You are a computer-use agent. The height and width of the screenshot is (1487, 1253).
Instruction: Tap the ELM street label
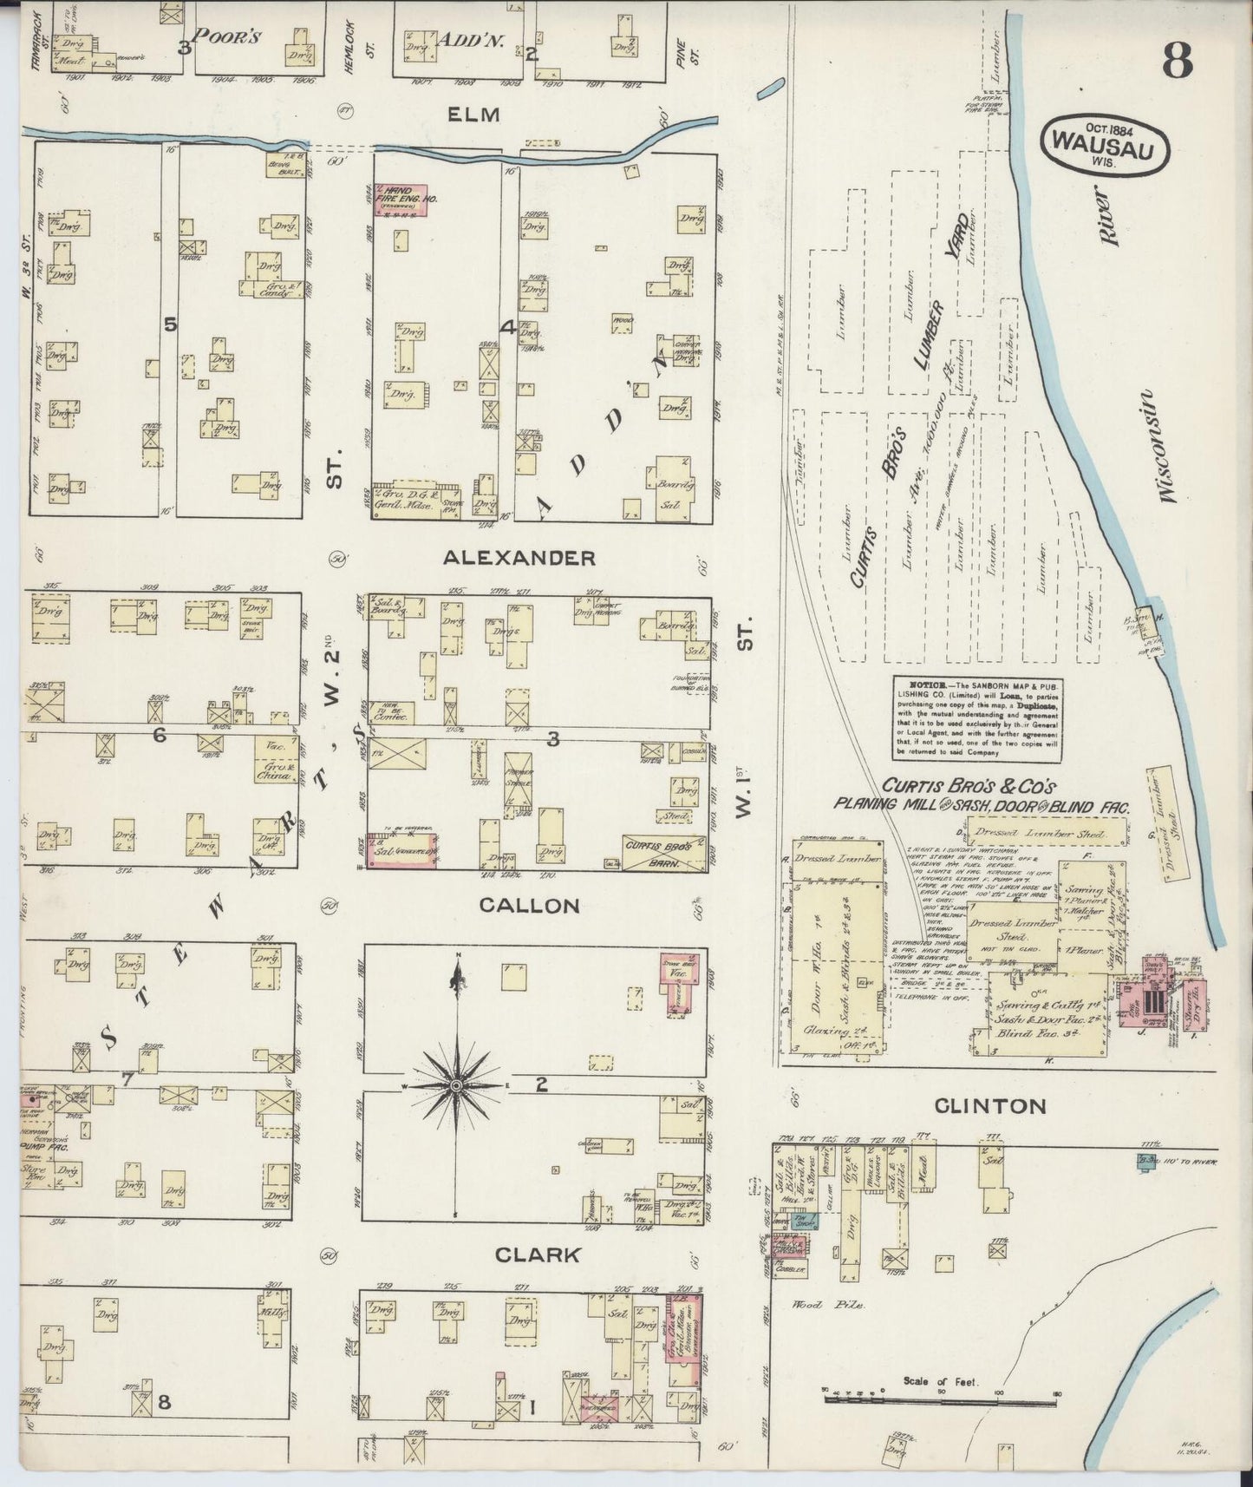475,114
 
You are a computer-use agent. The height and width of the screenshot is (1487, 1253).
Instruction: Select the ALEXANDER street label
519,558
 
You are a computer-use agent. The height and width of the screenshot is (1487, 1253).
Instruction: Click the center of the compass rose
456,1085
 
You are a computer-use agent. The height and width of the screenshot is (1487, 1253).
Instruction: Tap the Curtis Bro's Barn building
662,851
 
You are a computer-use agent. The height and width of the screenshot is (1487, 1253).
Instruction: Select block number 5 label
170,324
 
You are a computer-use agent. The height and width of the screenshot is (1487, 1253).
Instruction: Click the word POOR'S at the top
226,36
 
